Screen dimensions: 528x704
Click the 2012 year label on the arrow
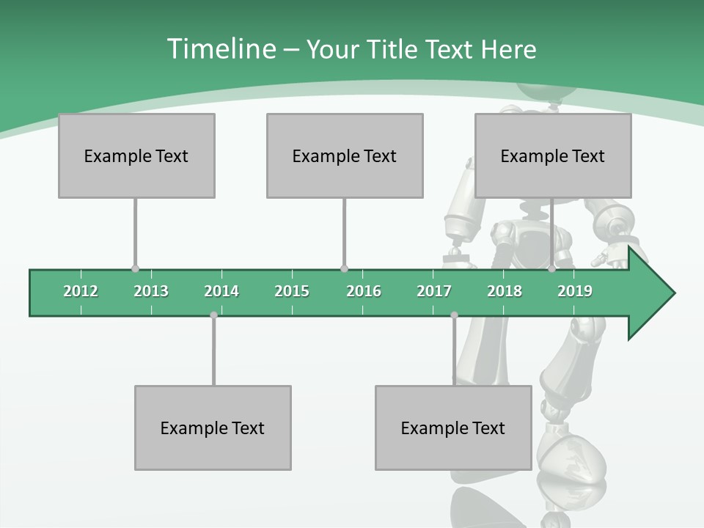81,291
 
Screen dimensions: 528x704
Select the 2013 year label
151,291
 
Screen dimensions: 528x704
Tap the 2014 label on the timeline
221,291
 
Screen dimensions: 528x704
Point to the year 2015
292,291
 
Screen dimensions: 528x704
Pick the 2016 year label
364,291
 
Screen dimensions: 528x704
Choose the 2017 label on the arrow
434,291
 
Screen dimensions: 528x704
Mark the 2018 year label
505,291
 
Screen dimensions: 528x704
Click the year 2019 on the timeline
575,291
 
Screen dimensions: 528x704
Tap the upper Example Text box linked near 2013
136,155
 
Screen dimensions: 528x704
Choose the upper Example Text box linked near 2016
345,155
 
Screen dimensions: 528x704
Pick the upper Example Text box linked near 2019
553,155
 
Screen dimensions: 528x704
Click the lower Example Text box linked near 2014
213,428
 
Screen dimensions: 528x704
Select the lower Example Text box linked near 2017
453,428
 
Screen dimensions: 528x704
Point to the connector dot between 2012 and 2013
135,269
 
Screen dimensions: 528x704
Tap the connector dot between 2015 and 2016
345,269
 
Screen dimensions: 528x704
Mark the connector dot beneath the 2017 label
454,315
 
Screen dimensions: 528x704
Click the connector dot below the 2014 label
213,315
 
